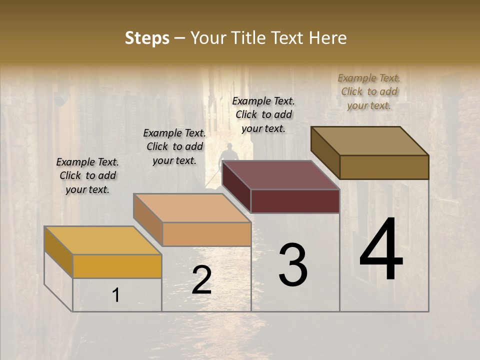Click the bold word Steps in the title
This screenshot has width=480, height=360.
[147, 38]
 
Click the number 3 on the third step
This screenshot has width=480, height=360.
[293, 264]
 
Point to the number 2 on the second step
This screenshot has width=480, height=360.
[201, 280]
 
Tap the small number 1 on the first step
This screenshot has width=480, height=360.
[116, 295]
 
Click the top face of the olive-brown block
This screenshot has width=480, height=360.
[370, 140]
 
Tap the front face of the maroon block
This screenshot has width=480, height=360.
[295, 201]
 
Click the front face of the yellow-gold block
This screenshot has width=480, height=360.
[117, 266]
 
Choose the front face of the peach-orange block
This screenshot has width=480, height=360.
[206, 234]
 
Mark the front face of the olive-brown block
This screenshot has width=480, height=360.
[384, 167]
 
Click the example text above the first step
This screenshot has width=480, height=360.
[87, 175]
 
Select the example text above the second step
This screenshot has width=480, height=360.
[174, 146]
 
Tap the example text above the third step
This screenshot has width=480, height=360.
[263, 114]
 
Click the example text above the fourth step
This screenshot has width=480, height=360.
[369, 91]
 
